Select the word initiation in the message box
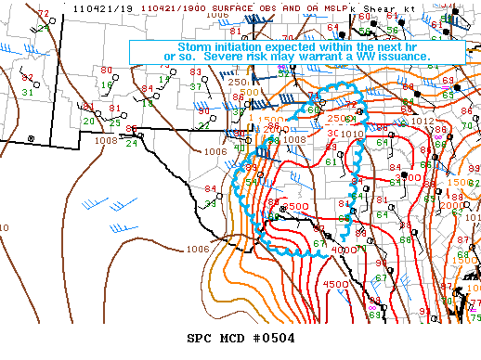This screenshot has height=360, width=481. (240, 46)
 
